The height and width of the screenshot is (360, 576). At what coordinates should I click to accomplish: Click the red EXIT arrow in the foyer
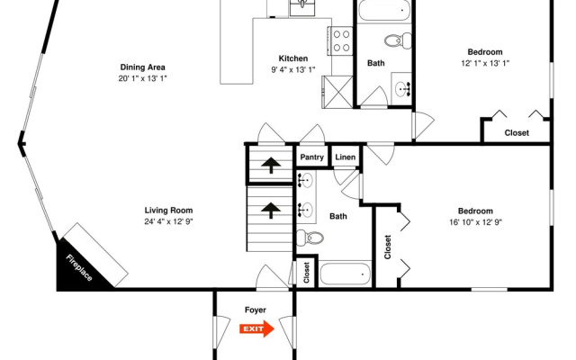tap(256, 328)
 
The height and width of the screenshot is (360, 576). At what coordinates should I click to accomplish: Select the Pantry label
tap(312, 157)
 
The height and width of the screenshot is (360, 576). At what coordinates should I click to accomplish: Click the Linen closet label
tap(346, 157)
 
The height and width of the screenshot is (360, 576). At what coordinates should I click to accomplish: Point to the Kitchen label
tap(293, 58)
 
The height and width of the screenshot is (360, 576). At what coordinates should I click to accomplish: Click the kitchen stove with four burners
tap(341, 40)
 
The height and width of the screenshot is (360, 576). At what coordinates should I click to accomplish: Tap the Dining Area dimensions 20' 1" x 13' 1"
tap(142, 78)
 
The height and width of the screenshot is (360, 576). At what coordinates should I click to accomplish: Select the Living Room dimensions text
tap(168, 221)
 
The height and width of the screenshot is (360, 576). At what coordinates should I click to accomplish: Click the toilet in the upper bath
tap(398, 40)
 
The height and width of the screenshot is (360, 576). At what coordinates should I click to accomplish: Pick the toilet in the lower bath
tap(310, 238)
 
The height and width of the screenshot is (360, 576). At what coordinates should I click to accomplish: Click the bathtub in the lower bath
tap(345, 274)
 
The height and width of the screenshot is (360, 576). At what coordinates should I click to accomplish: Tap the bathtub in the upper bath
tap(384, 11)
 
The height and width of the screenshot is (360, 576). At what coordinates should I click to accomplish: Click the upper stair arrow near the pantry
tap(271, 165)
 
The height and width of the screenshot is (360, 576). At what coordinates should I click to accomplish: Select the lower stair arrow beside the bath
tap(271, 211)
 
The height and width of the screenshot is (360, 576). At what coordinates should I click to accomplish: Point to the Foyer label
tap(256, 310)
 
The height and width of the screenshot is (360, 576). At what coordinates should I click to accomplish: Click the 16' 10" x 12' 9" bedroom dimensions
tap(476, 222)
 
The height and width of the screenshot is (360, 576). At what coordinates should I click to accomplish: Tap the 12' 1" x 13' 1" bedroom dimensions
tap(485, 63)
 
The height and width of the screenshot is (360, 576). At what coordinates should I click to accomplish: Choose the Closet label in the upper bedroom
tap(517, 133)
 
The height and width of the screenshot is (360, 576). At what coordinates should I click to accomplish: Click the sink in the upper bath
tap(403, 89)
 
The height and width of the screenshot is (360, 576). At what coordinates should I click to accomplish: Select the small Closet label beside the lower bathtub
tap(307, 273)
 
